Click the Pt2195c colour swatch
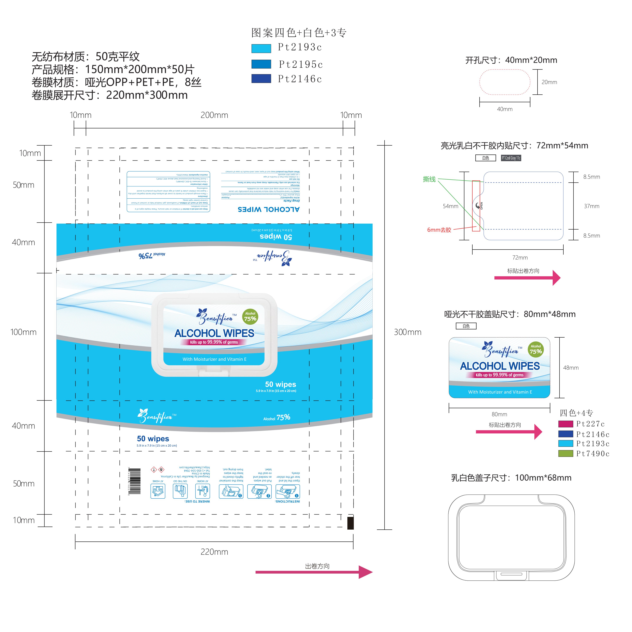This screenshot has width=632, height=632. tap(261, 64)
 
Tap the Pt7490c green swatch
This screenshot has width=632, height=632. tap(566, 453)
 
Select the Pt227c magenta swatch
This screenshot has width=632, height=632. tap(566, 424)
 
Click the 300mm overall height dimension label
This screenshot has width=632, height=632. tap(407, 332)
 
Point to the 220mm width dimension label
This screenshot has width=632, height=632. tap(214, 552)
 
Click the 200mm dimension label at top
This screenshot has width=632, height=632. tap(214, 115)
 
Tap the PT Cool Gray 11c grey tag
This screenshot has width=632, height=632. tap(511, 158)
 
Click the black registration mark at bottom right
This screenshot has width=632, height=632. tap(350, 523)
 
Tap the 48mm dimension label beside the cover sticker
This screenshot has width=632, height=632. tap(571, 368)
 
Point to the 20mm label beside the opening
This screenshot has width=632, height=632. tap(549, 82)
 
